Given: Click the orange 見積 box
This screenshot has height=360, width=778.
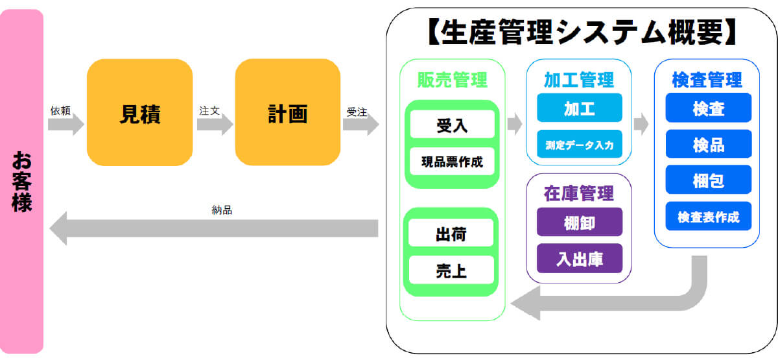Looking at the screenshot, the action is pyautogui.click(x=139, y=112).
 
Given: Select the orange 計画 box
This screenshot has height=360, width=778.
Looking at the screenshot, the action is pyautogui.click(x=288, y=112).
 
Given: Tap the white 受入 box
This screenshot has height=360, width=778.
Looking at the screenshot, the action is pyautogui.click(x=453, y=125).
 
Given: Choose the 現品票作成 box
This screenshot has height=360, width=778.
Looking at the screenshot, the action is pyautogui.click(x=453, y=162).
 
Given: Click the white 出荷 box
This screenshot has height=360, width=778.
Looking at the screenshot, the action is pyautogui.click(x=451, y=233).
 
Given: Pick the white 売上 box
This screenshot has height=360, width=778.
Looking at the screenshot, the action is pyautogui.click(x=451, y=270).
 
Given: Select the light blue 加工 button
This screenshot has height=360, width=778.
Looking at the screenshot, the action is pyautogui.click(x=580, y=108).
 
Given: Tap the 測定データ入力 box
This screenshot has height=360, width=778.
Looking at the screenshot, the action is pyautogui.click(x=580, y=144).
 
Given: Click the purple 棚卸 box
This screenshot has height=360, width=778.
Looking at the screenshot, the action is pyautogui.click(x=580, y=222).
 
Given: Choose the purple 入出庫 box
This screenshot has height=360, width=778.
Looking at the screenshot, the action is pyautogui.click(x=580, y=259).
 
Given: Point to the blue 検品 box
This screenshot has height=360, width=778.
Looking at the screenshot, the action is pyautogui.click(x=709, y=144).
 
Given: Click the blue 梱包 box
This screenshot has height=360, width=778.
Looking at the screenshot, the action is pyautogui.click(x=709, y=180).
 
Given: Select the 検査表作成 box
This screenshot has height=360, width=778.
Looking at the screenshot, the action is pyautogui.click(x=709, y=216).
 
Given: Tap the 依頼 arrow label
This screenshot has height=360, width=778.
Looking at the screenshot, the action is pyautogui.click(x=60, y=110).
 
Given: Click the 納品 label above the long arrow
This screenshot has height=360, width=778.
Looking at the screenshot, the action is pyautogui.click(x=222, y=210).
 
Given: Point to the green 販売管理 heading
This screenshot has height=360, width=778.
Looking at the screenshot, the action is pyautogui.click(x=453, y=80).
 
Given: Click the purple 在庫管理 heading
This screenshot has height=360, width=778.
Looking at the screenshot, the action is pyautogui.click(x=578, y=193).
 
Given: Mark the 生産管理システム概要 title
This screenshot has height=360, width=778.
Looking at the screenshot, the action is pyautogui.click(x=582, y=32).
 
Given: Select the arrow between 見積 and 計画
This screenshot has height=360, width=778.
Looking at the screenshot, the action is pyautogui.click(x=215, y=125).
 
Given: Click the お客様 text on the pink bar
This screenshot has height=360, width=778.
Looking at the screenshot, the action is pyautogui.click(x=21, y=182).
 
